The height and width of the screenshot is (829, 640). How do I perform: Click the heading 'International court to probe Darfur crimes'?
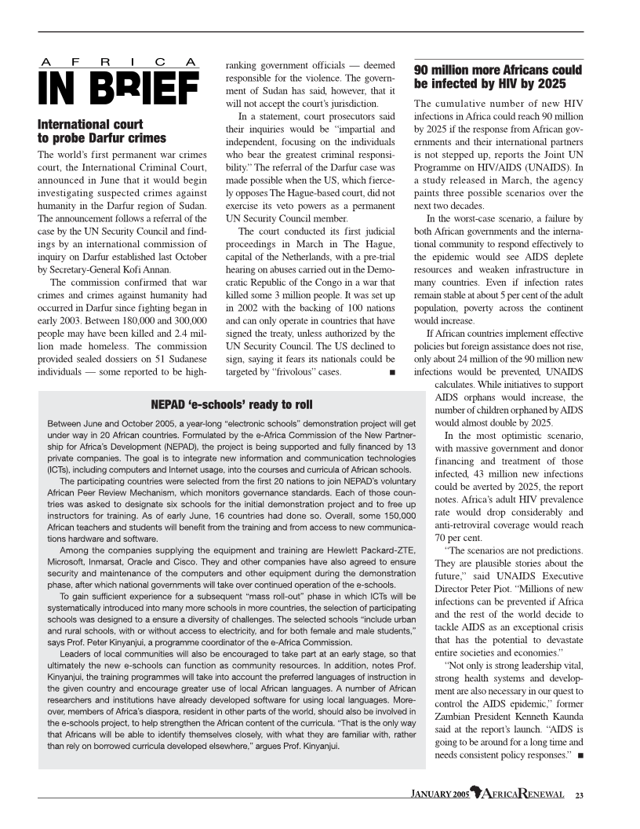(102, 131)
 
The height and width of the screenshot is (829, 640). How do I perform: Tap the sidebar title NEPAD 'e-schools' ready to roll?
(231, 405)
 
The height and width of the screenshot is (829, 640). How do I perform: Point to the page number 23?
(580, 795)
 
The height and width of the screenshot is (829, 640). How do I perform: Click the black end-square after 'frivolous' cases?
(391, 372)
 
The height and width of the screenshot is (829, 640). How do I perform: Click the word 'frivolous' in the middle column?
(298, 372)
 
